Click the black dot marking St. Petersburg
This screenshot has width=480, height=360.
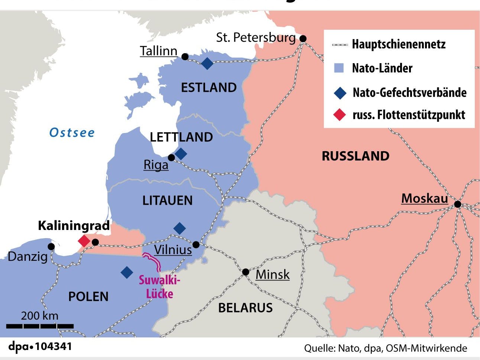[x=303, y=38]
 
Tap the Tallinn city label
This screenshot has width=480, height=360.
[x=159, y=51]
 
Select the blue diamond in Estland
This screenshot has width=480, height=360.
[x=207, y=64]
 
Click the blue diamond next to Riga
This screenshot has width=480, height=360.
[x=181, y=153]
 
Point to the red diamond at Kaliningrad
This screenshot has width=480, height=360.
[x=84, y=241]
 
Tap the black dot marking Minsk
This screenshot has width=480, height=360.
[x=246, y=272]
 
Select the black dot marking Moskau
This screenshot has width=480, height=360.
[x=458, y=204]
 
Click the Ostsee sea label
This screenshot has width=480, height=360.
[x=72, y=133]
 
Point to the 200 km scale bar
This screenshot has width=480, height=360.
[x=40, y=326]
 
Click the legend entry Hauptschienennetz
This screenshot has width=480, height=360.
[x=399, y=44]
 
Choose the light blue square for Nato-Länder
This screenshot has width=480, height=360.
[x=339, y=68]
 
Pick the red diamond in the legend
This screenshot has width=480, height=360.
[x=340, y=115]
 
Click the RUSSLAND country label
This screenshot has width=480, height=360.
[x=356, y=156]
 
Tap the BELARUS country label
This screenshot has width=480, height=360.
[x=245, y=308]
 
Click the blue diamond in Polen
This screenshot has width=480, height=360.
[x=127, y=272]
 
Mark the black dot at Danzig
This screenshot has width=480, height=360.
[x=51, y=247]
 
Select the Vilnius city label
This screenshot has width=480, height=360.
[x=173, y=250]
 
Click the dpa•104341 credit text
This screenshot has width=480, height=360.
[x=40, y=347]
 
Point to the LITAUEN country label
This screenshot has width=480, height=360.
[x=168, y=201]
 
